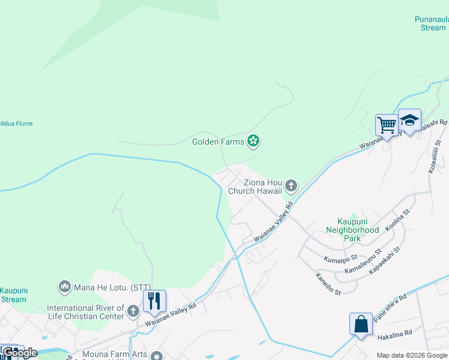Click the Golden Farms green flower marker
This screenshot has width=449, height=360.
[x=254, y=142]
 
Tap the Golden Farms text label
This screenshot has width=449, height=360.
[x=218, y=142]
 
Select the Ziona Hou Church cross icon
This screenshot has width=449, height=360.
[x=291, y=186]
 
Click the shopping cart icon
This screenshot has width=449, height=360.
[x=387, y=125]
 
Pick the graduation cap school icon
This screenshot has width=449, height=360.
[x=409, y=120]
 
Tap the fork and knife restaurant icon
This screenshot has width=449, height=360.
[x=154, y=301]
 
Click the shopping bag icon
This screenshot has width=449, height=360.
[x=361, y=324]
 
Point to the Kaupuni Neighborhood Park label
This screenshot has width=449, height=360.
[x=352, y=230]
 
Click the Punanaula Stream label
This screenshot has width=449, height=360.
[x=430, y=23]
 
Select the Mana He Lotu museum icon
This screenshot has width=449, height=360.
[x=65, y=287]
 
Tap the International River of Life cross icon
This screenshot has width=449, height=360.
[x=133, y=311]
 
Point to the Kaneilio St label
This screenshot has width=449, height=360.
[x=328, y=284]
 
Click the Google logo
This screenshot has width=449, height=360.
[x=20, y=353]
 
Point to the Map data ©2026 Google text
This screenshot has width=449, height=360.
[x=412, y=355]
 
